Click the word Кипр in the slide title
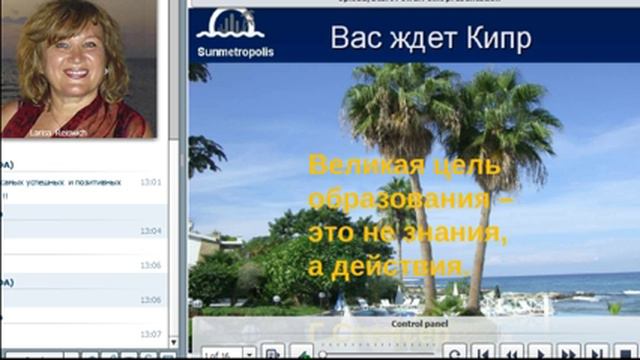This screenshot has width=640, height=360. [499, 39]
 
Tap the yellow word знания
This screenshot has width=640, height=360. [452, 233]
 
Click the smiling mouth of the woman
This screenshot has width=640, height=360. [75, 73]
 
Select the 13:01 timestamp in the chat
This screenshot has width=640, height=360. [151, 182]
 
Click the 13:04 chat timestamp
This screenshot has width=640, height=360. [151, 231]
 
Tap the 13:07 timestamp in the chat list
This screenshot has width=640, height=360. [151, 334]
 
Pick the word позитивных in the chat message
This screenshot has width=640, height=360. [103, 182]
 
